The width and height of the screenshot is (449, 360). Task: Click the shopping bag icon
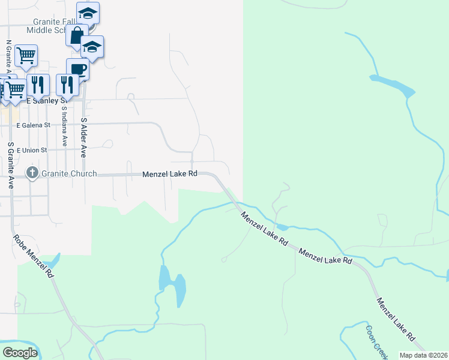pos(77,35)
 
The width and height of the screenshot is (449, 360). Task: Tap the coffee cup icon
pos(77,69)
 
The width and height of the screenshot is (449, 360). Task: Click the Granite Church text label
pos(69,174)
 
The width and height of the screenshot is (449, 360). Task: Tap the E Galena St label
pos(35,125)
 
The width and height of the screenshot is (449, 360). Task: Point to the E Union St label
pos(34,149)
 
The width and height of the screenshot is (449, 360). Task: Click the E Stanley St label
pos(45,101)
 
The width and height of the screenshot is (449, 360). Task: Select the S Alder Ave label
pos(84,137)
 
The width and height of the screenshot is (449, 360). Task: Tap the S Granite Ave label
pos(11,164)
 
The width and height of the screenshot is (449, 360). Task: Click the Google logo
pos(20,352)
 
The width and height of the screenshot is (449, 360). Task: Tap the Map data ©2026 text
pos(423,355)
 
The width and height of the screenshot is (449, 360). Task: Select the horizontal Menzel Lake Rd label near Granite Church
pos(170,174)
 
